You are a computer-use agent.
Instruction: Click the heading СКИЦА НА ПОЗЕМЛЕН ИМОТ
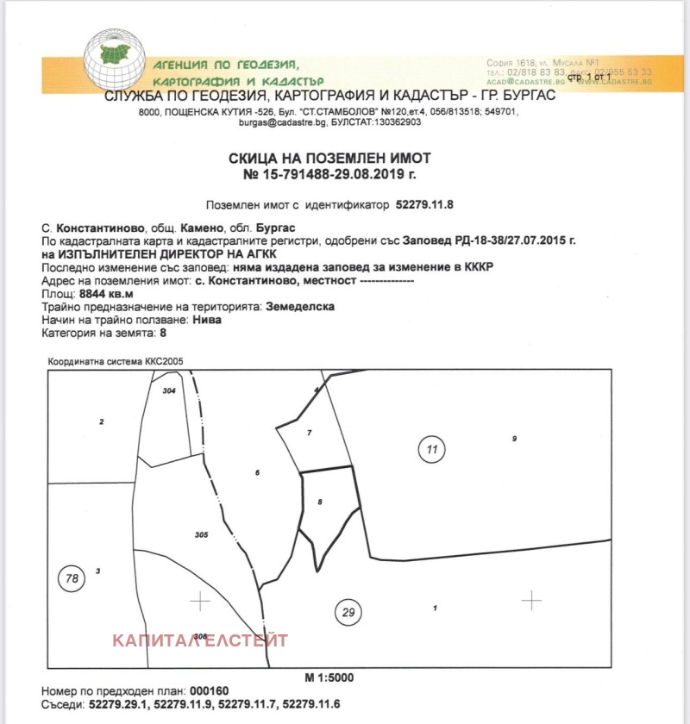click(x=329, y=158)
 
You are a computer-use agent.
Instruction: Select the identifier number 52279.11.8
click(x=423, y=206)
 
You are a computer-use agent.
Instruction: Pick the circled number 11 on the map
click(x=432, y=448)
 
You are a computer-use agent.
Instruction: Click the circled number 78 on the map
click(x=72, y=577)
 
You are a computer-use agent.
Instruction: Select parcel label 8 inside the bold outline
click(x=319, y=501)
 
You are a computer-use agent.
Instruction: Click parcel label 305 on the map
click(x=202, y=535)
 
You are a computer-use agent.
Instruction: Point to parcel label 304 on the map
click(x=169, y=390)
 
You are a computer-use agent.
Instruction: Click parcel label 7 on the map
click(x=308, y=431)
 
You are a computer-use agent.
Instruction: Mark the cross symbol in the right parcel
click(x=531, y=599)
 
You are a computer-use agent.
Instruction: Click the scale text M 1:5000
click(x=329, y=677)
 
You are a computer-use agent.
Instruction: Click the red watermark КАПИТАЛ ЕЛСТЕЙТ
click(x=200, y=640)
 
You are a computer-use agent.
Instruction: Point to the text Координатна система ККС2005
click(x=115, y=362)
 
